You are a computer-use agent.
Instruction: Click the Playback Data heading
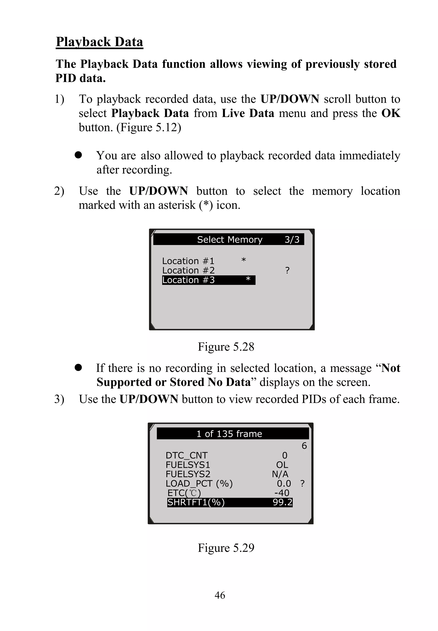99,42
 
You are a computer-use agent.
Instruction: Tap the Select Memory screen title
229,240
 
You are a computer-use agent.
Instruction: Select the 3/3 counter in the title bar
292,240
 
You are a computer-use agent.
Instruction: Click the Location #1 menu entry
188,261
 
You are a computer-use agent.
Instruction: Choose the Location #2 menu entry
188,270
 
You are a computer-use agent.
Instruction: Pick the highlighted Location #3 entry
208,280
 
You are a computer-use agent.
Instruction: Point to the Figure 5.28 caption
226,347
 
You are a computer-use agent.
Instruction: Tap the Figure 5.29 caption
226,548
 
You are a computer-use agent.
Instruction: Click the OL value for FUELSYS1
282,465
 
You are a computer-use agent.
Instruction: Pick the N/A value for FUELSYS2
280,474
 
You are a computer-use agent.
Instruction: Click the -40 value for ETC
282,493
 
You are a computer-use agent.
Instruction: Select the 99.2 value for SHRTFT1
282,502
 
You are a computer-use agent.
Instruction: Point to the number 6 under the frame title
304,446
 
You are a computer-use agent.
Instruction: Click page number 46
220,595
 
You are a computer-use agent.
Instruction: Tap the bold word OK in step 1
391,113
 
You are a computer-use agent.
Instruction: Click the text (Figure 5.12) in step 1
149,128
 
